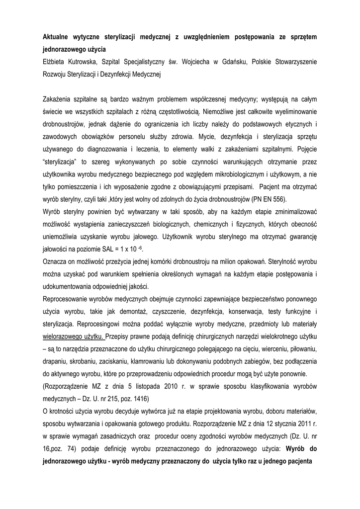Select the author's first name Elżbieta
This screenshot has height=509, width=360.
56,62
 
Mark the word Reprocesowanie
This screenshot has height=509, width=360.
68,299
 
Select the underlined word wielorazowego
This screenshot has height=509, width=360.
65,336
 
